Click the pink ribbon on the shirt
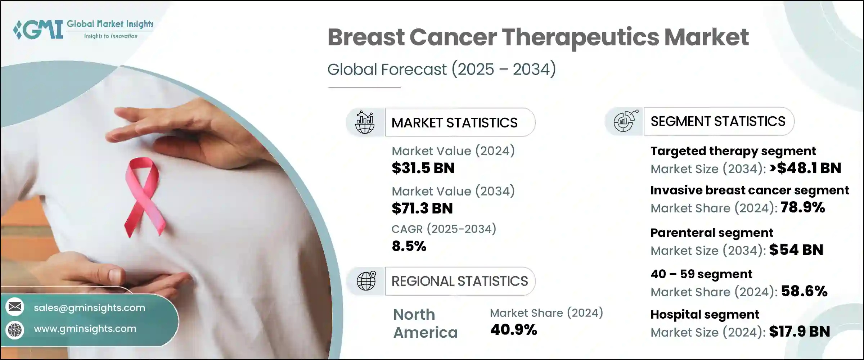[143, 196]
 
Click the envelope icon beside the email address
[15, 307]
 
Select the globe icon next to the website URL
[15, 329]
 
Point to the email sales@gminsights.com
[89, 308]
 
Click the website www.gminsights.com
[85, 329]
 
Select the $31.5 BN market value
[423, 168]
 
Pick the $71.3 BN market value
[422, 208]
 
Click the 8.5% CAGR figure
[409, 246]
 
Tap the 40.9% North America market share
[513, 330]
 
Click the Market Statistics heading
[454, 123]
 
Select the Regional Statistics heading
[459, 281]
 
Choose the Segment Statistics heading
[718, 121]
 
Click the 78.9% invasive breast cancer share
[802, 207]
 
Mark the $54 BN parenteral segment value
[796, 250]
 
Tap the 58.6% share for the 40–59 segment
[804, 291]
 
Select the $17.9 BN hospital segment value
[800, 332]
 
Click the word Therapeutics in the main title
[580, 37]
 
